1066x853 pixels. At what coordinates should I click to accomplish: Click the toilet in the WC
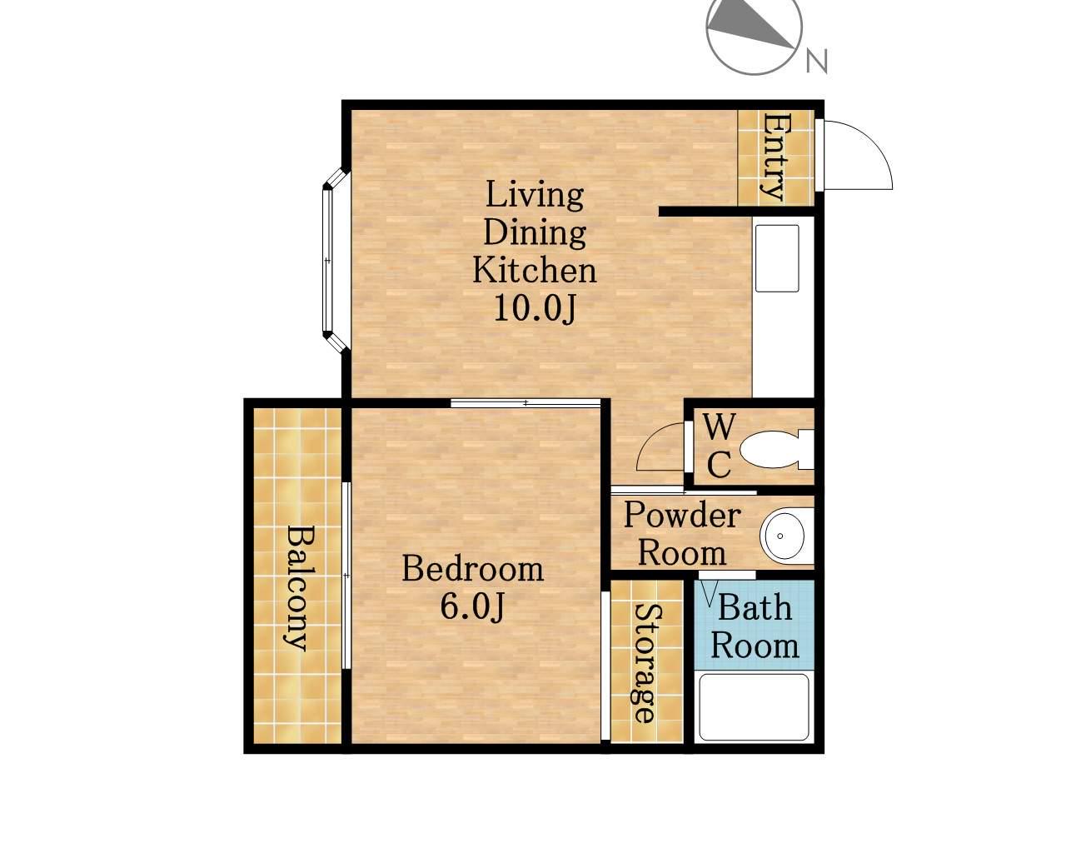(x=775, y=450)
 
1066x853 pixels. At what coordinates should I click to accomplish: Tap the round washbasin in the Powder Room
(x=787, y=536)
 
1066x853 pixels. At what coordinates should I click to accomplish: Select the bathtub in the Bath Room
(x=754, y=707)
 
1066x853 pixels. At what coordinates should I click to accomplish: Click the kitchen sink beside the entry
(x=777, y=257)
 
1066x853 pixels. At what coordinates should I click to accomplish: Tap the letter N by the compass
(x=817, y=61)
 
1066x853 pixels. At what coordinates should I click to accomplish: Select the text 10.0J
(x=535, y=309)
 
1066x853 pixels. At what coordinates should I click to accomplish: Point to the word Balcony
(x=296, y=589)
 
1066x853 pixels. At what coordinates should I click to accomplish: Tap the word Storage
(x=645, y=663)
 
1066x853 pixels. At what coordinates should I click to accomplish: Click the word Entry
(x=775, y=157)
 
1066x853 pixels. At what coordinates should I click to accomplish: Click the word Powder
(x=682, y=515)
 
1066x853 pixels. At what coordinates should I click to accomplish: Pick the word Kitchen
(x=535, y=270)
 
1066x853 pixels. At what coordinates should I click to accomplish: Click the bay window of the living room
(x=336, y=260)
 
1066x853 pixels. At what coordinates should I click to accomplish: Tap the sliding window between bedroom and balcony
(x=346, y=576)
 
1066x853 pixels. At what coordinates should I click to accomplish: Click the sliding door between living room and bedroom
(x=526, y=403)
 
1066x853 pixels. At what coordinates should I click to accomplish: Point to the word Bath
(x=755, y=607)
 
